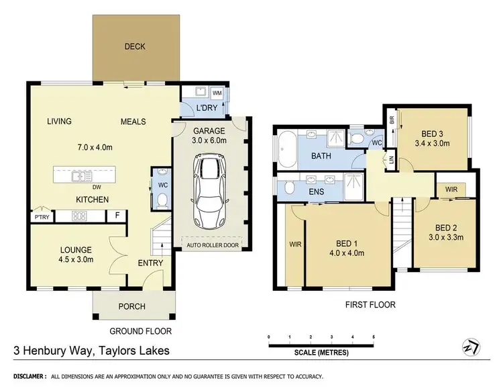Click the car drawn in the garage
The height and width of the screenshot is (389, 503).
coord(210,191)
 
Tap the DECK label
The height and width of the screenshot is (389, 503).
coord(135,47)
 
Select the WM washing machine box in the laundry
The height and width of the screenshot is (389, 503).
coord(217,93)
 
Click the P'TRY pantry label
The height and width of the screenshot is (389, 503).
coord(41,216)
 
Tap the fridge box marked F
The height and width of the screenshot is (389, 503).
coord(118,216)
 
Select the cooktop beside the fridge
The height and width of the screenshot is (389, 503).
coord(79,216)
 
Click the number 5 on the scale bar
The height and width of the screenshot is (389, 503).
coord(374,337)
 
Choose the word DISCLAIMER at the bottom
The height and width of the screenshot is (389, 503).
coord(25,376)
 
